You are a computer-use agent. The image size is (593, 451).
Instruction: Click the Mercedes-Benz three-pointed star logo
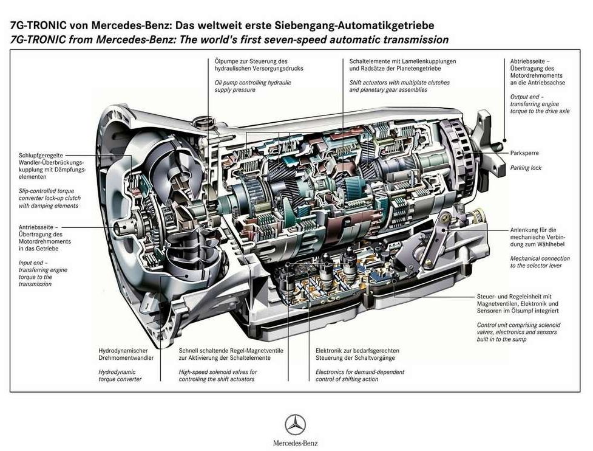(295, 424)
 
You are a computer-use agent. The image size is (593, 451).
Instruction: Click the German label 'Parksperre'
(524, 153)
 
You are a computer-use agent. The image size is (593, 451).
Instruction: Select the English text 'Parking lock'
(525, 168)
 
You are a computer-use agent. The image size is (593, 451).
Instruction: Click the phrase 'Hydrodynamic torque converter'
(120, 375)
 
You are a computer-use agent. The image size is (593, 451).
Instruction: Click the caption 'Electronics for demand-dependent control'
(360, 375)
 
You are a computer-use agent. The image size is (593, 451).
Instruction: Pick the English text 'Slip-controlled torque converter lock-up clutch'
(49, 198)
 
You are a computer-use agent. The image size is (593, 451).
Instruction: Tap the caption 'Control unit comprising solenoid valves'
(519, 332)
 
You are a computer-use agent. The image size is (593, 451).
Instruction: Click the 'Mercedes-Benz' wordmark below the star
(295, 443)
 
